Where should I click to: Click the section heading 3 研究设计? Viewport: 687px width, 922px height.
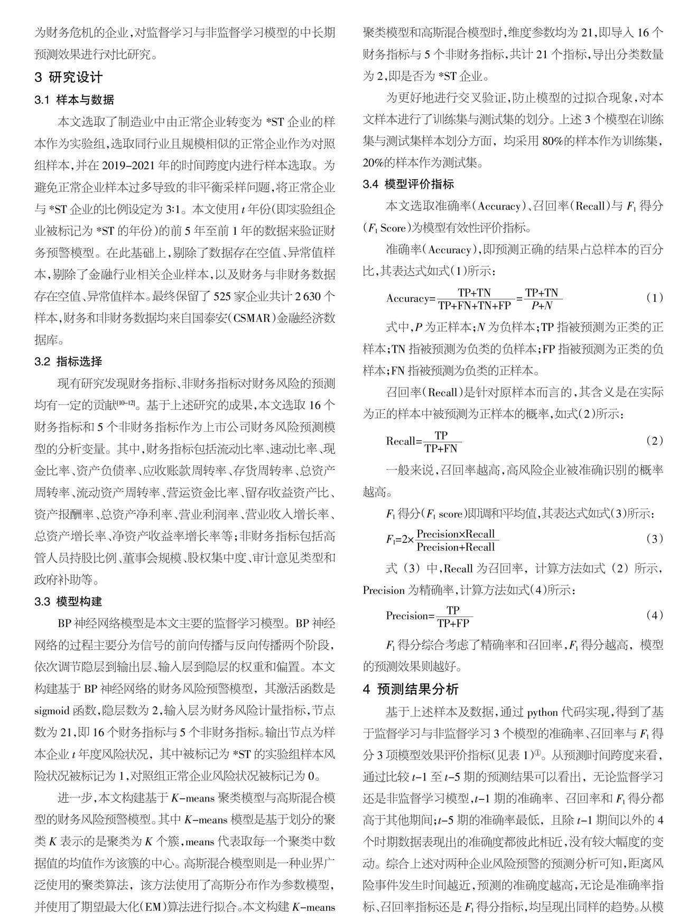(69, 77)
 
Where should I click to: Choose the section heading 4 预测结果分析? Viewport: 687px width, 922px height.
(411, 689)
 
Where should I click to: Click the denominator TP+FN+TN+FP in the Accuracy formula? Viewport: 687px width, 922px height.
(475, 306)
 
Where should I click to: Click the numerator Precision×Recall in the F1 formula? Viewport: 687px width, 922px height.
(456, 533)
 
